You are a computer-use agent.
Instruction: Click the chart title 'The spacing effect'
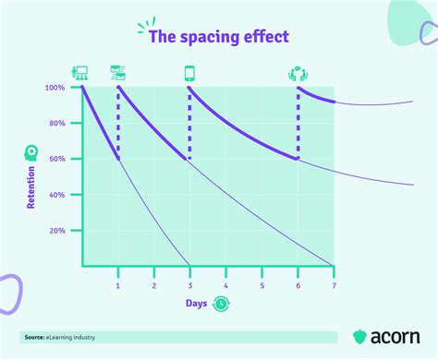click(219, 38)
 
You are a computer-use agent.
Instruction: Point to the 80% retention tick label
click(57, 123)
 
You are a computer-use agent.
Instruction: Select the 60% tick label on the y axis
click(57, 159)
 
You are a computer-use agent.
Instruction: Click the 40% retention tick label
click(57, 195)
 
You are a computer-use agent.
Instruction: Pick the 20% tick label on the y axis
click(57, 231)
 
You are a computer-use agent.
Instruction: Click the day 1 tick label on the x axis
click(118, 285)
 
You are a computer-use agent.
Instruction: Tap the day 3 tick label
click(190, 285)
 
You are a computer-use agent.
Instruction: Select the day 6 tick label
click(298, 285)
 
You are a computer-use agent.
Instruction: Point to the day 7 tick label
click(334, 285)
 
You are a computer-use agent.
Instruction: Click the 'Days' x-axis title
click(196, 303)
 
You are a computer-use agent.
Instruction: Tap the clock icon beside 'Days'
click(221, 303)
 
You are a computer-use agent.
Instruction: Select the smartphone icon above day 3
click(190, 72)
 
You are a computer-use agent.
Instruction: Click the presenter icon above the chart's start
click(79, 71)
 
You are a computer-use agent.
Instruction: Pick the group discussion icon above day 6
click(298, 72)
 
